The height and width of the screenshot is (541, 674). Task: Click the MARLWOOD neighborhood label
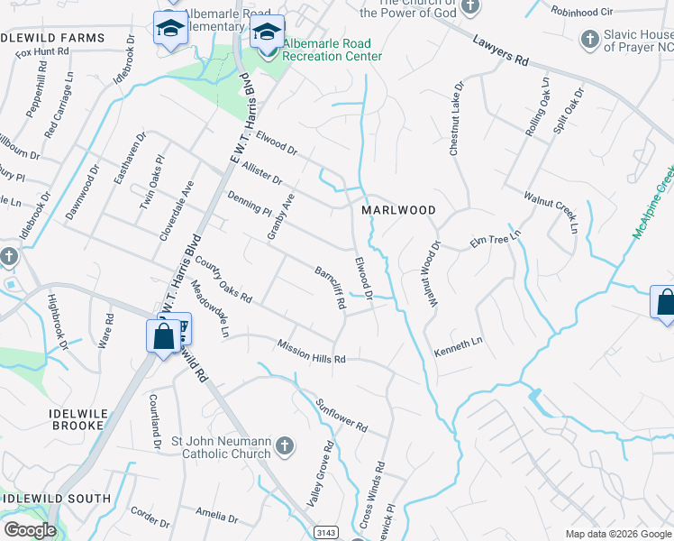[x=398, y=210]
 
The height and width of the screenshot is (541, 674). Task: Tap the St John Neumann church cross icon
[x=284, y=445]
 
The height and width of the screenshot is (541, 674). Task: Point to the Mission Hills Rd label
[x=312, y=352]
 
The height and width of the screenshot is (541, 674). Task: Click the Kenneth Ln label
[x=459, y=346]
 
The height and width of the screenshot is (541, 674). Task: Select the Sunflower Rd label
[x=342, y=413]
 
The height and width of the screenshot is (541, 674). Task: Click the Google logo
[x=29, y=530]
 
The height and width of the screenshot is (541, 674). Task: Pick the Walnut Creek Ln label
[x=551, y=211]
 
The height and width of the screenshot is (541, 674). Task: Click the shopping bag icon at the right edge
[x=665, y=302]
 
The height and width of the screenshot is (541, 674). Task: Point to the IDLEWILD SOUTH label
[x=56, y=499]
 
